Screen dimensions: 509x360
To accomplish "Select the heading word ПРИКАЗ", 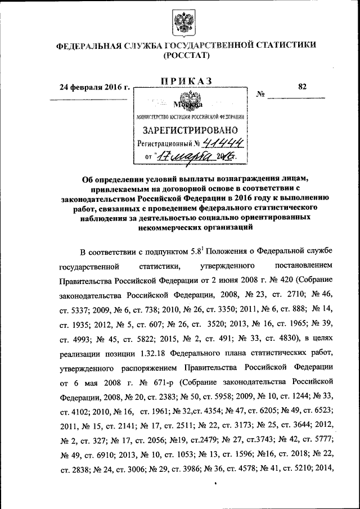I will [186, 82].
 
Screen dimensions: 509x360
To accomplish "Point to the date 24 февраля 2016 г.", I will [95, 88].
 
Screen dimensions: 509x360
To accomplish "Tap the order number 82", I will [303, 87].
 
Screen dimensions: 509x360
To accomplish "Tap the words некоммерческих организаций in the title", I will [191, 228].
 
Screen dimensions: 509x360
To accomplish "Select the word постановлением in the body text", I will [304, 265].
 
